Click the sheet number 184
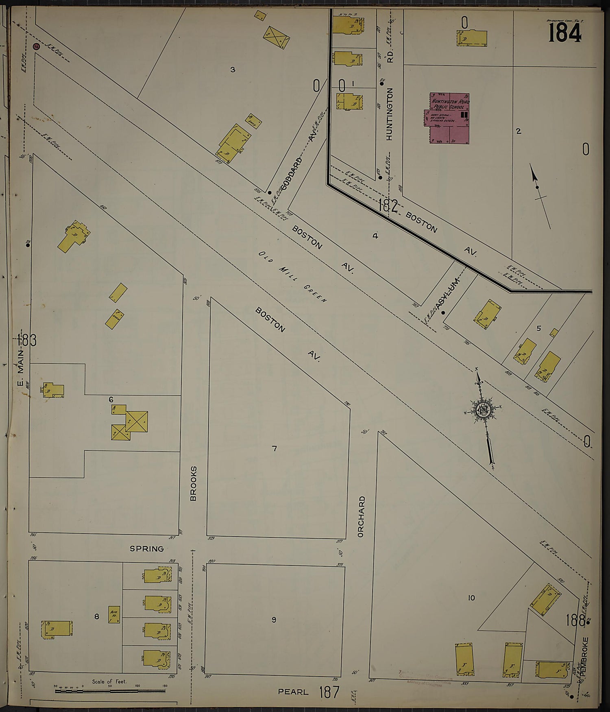coord(564,33)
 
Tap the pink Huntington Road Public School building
coord(449,118)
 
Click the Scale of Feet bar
coord(110,690)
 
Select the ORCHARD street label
coord(361,517)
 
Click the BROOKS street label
coord(194,483)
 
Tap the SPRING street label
coord(146,549)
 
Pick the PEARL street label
coord(293,692)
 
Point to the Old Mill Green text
coord(292,277)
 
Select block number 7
coord(274,448)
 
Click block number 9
coord(274,620)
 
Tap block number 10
coord(471,598)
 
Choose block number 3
coord(233,70)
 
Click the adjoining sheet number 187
coord(329,692)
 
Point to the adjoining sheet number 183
coord(27,340)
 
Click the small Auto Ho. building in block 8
coord(114,614)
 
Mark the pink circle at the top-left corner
coord(36,46)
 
